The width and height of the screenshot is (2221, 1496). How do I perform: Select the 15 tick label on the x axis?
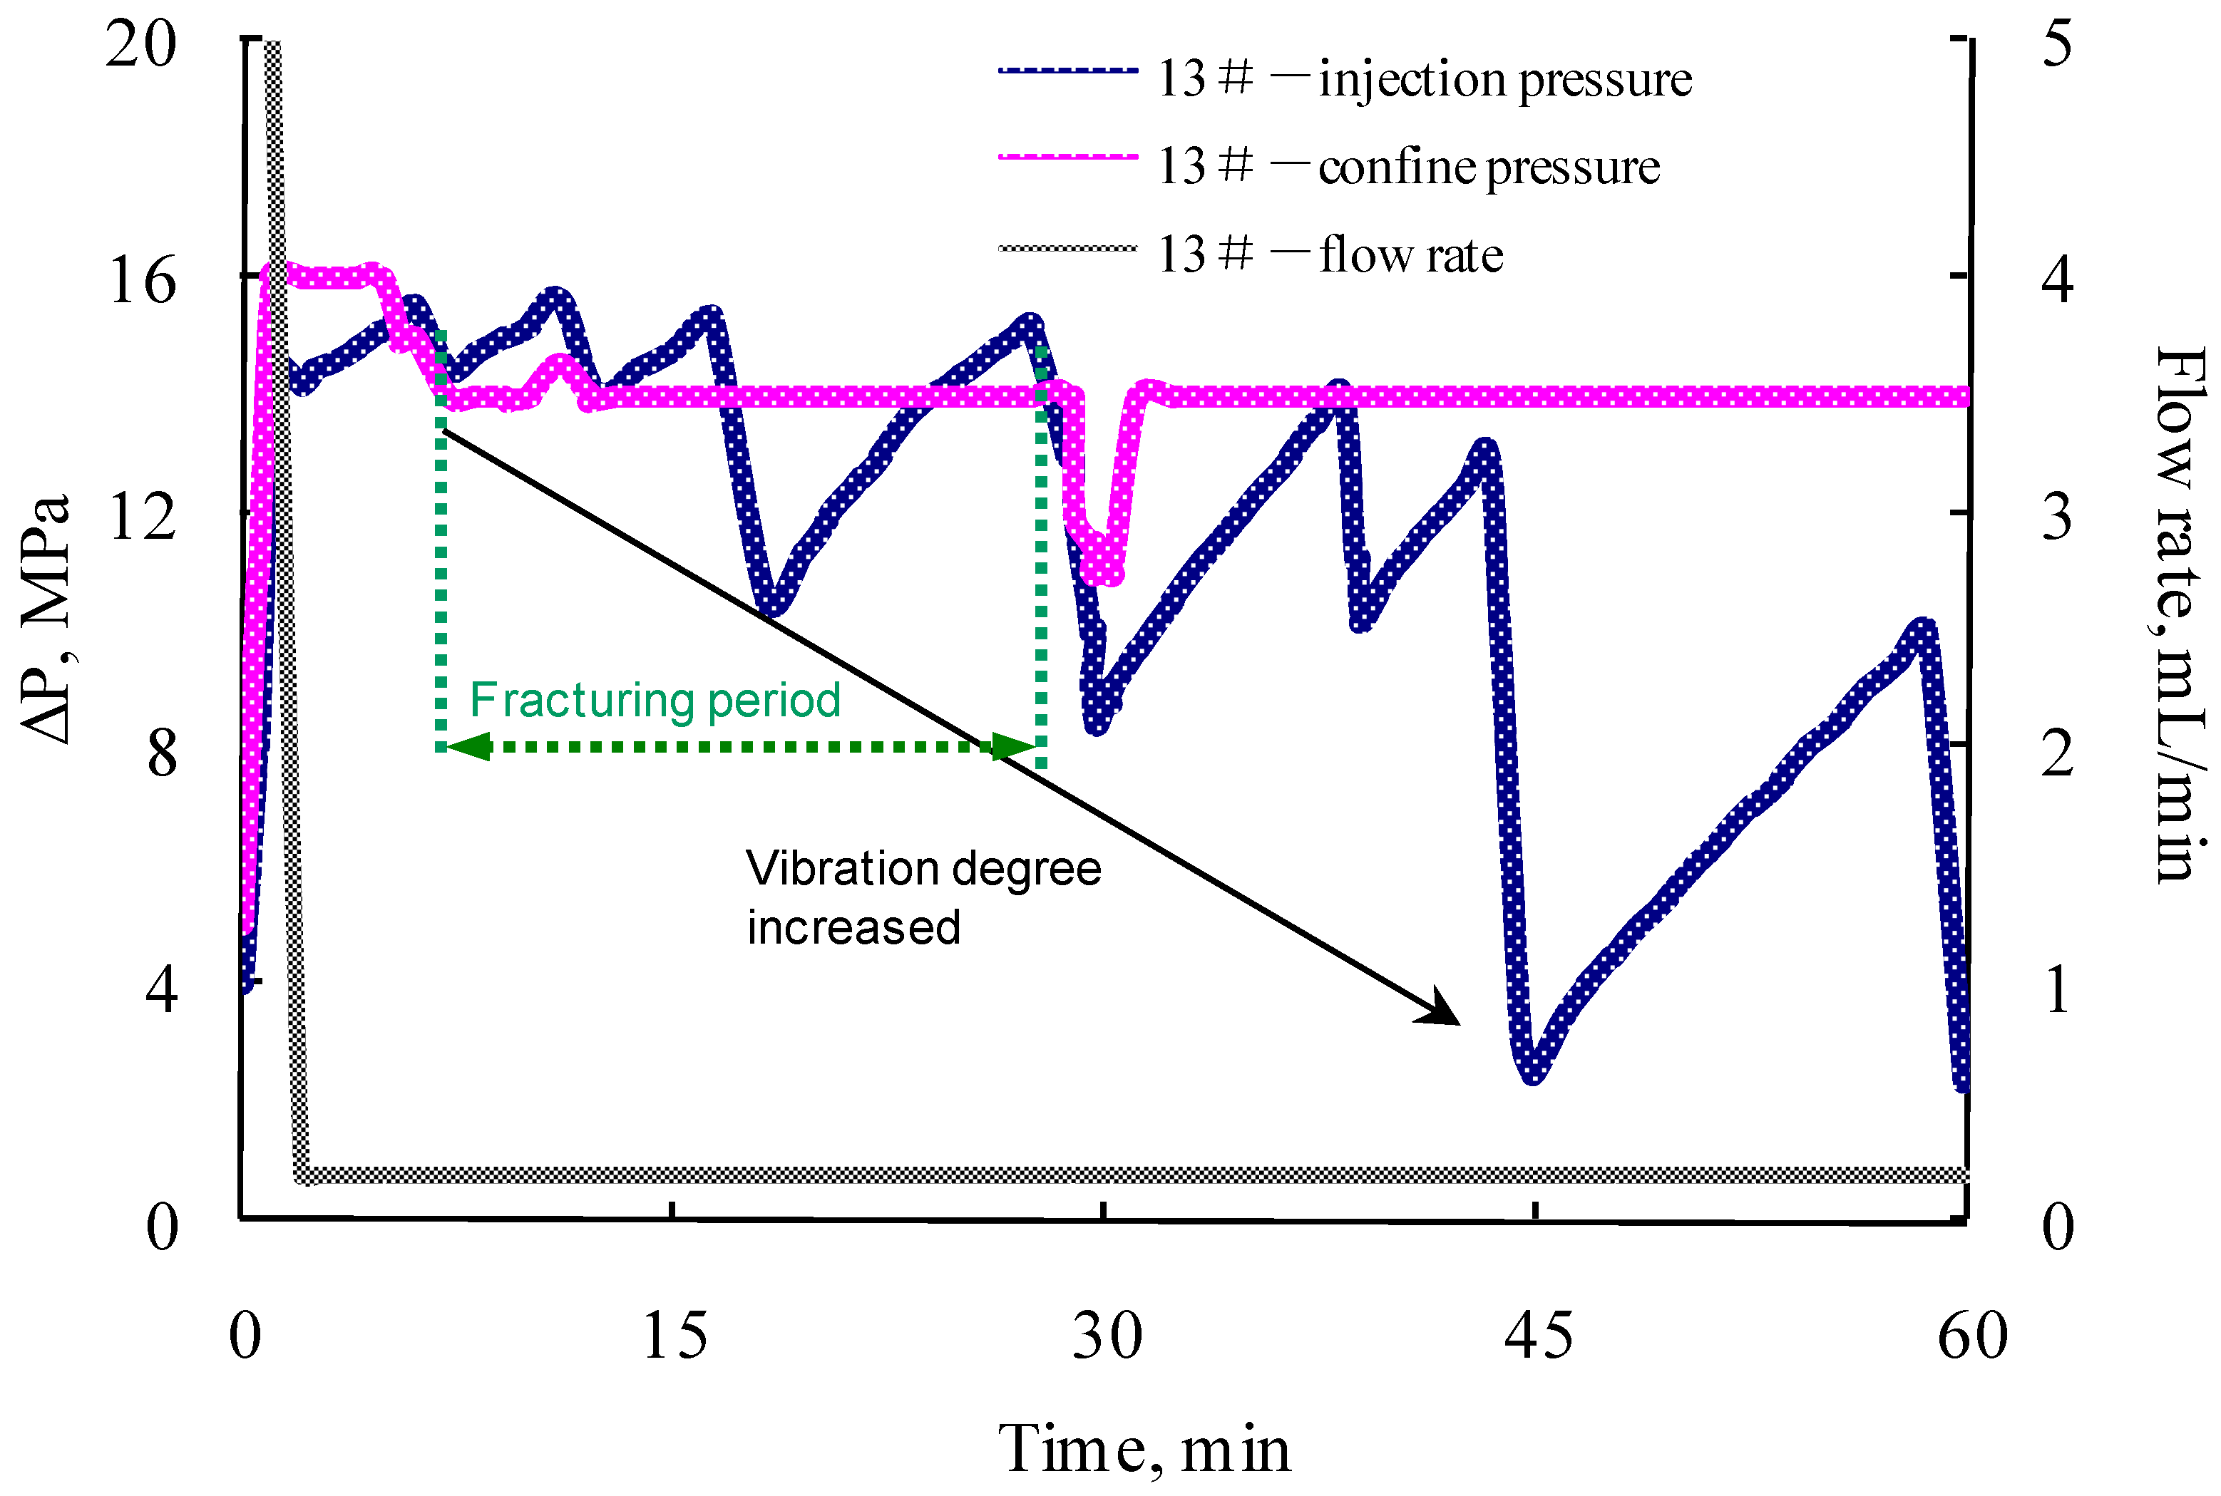pos(674,1336)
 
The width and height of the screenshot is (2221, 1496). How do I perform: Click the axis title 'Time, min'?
pos(1144,1448)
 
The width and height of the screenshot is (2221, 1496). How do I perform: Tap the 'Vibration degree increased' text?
pos(923,897)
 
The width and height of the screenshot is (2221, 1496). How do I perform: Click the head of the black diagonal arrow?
pos(1446,1015)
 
